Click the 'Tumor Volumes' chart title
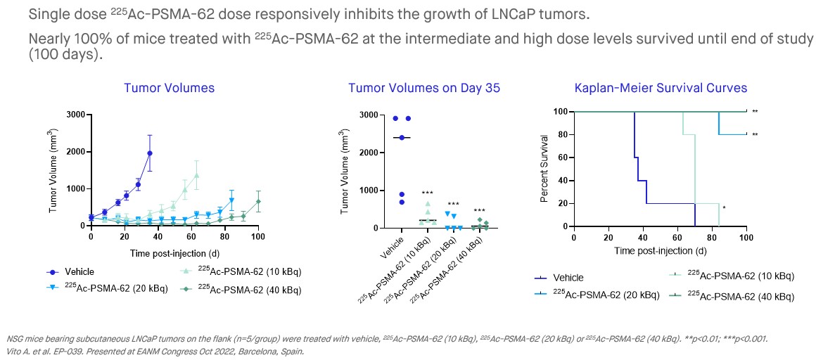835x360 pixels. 169,88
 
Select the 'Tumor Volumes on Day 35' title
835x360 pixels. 424,88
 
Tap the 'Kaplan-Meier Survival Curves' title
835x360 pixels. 661,88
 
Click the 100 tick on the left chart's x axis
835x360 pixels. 258,237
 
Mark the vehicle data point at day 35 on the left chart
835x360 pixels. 149,153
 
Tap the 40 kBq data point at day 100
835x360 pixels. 258,202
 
